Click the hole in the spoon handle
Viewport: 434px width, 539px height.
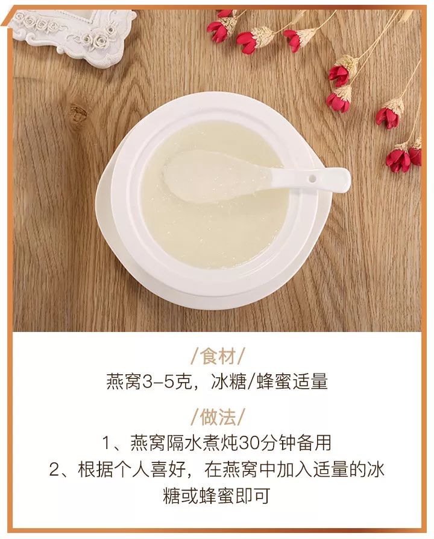(x=312, y=179)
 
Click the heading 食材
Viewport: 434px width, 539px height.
(x=217, y=356)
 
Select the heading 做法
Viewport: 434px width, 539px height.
(x=217, y=416)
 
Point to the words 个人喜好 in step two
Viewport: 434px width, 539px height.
(x=150, y=470)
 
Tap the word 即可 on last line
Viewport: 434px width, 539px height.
(x=256, y=497)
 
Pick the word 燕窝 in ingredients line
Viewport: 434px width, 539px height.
(x=124, y=382)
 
